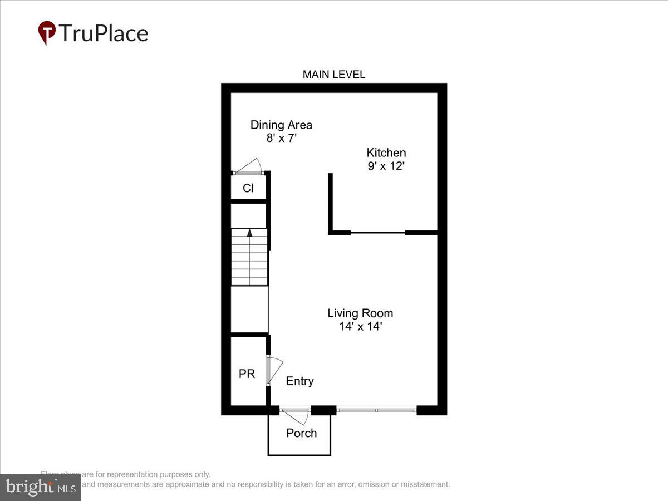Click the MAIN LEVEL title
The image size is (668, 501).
pyautogui.click(x=333, y=75)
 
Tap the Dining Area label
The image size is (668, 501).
pyautogui.click(x=281, y=125)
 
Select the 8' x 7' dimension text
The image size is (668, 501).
pyautogui.click(x=281, y=138)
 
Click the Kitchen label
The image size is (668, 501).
pyautogui.click(x=386, y=153)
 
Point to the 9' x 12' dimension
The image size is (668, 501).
pyautogui.click(x=386, y=166)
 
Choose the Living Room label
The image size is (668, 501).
pyautogui.click(x=360, y=313)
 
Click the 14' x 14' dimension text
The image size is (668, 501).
pyautogui.click(x=360, y=327)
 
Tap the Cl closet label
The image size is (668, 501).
pyautogui.click(x=248, y=189)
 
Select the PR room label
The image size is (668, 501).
pyautogui.click(x=247, y=374)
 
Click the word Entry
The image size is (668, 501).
pyautogui.click(x=300, y=381)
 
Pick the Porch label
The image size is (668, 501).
pyautogui.click(x=301, y=433)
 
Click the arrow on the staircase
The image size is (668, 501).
pyautogui.click(x=249, y=233)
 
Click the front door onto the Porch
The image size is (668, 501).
pyautogui.click(x=296, y=415)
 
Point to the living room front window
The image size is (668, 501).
pyautogui.click(x=376, y=410)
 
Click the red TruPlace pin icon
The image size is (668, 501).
pyautogui.click(x=47, y=33)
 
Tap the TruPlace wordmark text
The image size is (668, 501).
pyautogui.click(x=104, y=33)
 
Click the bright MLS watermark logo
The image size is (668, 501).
pyautogui.click(x=40, y=487)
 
